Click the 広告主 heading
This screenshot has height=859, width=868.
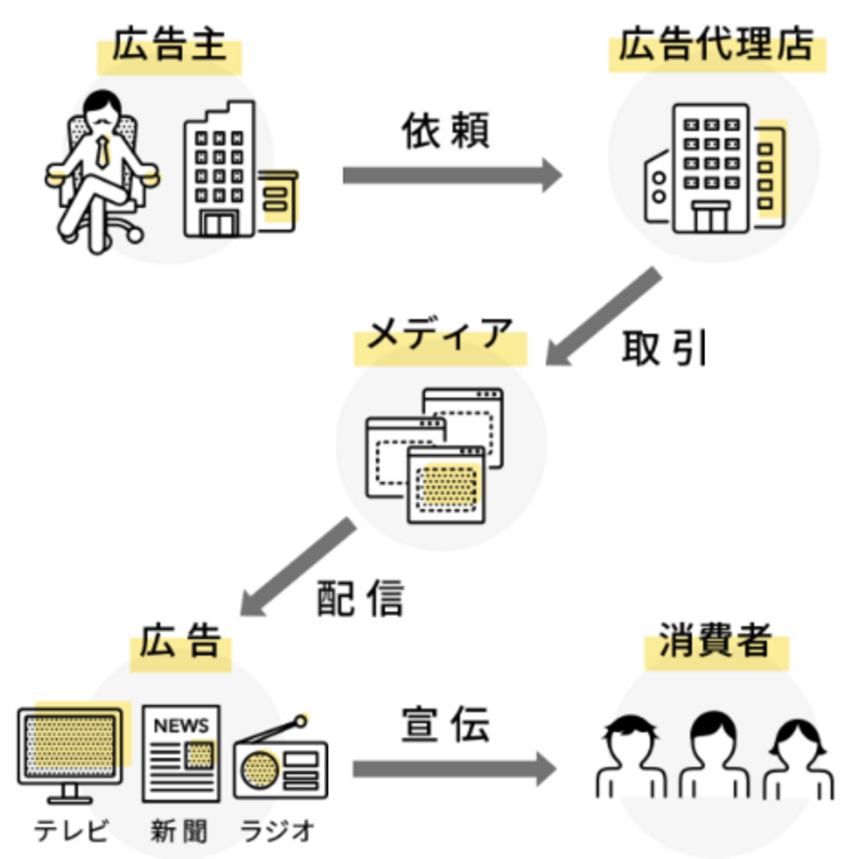point(169,46)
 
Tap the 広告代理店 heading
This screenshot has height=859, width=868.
point(716,45)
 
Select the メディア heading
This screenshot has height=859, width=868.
point(440,335)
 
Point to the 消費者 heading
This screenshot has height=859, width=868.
point(715,640)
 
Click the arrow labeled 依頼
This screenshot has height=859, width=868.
point(452,175)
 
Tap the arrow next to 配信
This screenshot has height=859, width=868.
point(298,567)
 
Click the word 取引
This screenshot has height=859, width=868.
point(664,348)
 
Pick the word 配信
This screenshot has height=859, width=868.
point(360,599)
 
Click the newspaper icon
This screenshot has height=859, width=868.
point(181,754)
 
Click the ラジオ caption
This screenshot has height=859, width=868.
point(277,831)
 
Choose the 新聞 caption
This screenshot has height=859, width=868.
point(179,831)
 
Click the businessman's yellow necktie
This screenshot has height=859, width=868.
point(104,151)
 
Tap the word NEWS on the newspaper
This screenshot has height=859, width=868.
point(181,726)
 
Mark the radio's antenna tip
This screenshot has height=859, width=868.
point(300,721)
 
